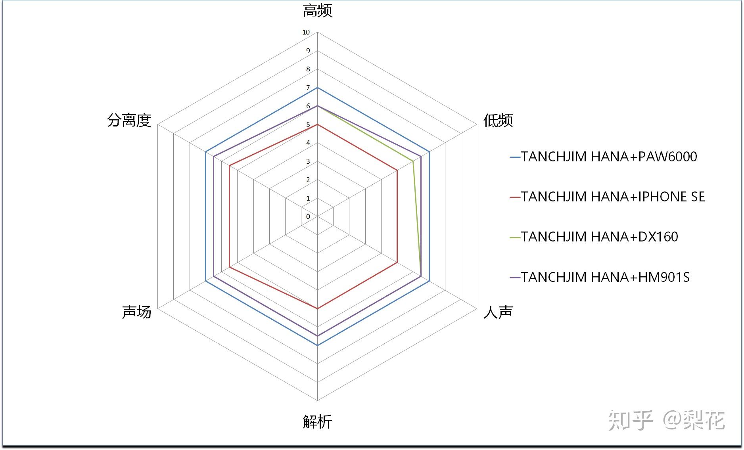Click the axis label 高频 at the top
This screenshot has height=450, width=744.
point(317,11)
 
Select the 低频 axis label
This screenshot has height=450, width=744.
point(498,120)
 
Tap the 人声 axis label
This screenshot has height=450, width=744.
point(498,312)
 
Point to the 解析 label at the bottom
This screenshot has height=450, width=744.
point(317,422)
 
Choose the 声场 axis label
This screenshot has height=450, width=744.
point(136,312)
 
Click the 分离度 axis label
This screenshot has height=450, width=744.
point(129,120)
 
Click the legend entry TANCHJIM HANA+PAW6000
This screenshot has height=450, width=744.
point(603,157)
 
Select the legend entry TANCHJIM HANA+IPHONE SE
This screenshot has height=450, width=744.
point(607,197)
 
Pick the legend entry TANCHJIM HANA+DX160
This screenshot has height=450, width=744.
point(594,237)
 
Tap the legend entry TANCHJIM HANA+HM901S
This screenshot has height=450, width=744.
point(600,277)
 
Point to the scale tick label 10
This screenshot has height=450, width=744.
point(306,33)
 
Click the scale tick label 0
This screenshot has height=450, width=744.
point(308,217)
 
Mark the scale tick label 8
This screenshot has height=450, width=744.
point(308,69)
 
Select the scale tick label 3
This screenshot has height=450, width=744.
point(308,161)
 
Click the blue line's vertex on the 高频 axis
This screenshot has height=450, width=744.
point(317,88)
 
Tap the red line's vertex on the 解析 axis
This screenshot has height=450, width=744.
point(317,308)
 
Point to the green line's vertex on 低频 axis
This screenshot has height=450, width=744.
point(413,161)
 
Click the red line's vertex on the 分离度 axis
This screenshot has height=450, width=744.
point(230,166)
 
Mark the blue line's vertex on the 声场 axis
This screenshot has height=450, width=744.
point(205,281)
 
